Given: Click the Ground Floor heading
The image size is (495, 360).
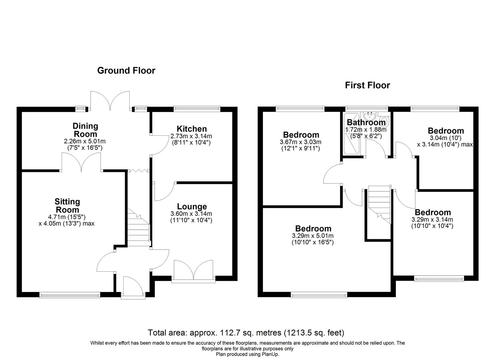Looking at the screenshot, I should [x=126, y=71].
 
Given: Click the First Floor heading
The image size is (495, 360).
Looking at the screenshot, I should [x=367, y=85].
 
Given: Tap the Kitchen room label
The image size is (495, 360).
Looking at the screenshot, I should [x=191, y=129].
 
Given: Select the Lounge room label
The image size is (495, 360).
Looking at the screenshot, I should [x=192, y=207].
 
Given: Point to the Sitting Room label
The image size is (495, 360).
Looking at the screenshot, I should [x=67, y=206].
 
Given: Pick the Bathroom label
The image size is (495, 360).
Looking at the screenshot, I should [x=366, y=123].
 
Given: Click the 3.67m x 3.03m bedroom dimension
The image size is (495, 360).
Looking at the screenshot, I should [x=301, y=142].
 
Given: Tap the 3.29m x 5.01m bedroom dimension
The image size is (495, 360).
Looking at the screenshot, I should [x=313, y=236].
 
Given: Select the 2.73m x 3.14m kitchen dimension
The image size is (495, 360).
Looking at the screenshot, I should [x=191, y=136].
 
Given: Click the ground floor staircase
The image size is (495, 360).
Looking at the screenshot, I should [x=138, y=230].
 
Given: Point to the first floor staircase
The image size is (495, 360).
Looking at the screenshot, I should [x=379, y=203].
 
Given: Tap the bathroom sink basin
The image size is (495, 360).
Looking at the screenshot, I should [x=370, y=116].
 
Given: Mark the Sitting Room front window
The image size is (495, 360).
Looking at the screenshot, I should [x=70, y=295].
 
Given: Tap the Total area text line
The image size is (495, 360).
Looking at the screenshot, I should [x=246, y=333].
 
